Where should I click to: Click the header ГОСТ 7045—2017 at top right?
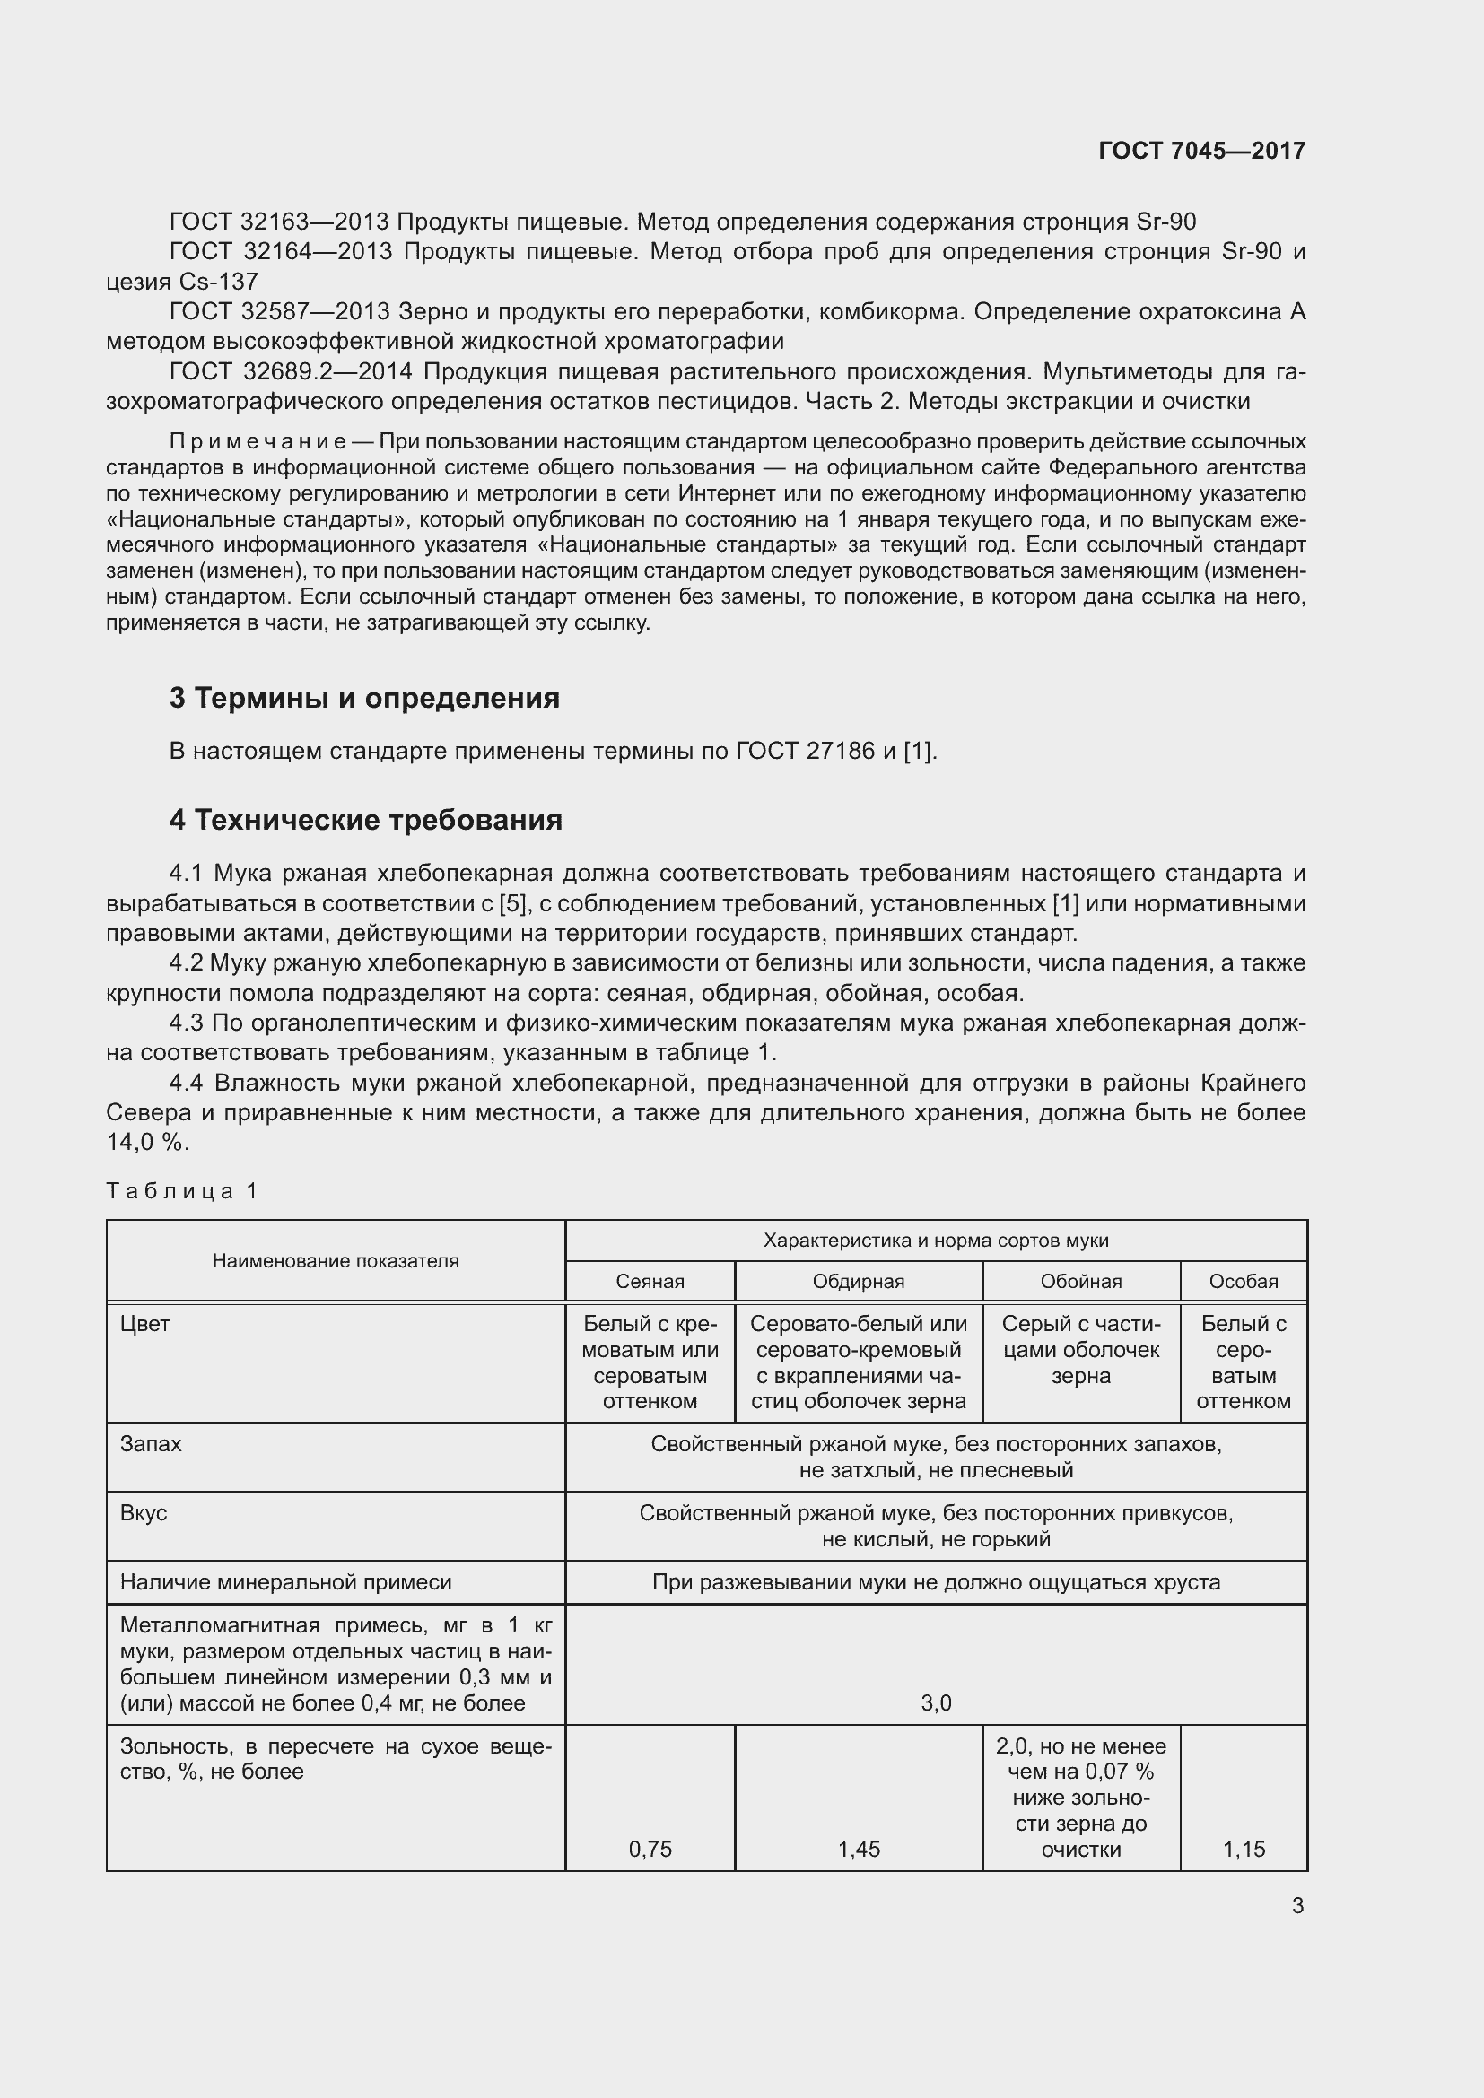[1201, 151]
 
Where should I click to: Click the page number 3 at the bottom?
[1297, 1906]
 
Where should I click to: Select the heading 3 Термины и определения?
[363, 698]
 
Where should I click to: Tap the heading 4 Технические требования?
[364, 820]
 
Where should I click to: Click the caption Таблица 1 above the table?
[182, 1190]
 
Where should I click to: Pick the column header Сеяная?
[650, 1281]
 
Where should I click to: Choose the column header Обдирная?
[858, 1281]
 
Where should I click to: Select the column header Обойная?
[1080, 1281]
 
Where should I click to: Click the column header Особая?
[1243, 1281]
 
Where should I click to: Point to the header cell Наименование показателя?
[336, 1261]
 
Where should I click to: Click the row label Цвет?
[144, 1323]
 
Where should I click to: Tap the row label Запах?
[151, 1444]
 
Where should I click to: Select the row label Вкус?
[144, 1512]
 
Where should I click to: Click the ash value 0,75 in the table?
[650, 1850]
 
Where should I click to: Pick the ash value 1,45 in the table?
[858, 1850]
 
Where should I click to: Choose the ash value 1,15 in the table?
[1243, 1850]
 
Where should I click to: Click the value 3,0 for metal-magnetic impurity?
[936, 1703]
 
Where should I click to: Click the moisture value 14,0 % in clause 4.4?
[146, 1143]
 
